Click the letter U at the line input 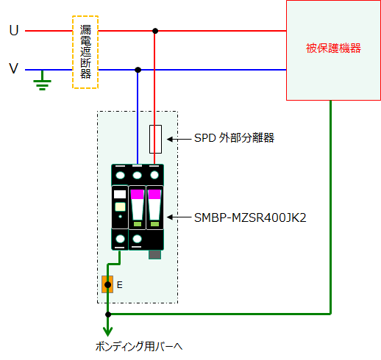(14, 31)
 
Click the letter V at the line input (14, 68)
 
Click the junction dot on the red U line (155, 31)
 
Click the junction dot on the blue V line (138, 70)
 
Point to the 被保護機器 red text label (333, 48)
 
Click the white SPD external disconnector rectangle (155, 139)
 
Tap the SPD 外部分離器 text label (234, 138)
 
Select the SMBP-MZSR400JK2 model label (250, 217)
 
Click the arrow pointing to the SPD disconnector (179, 139)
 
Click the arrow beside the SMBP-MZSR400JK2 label (179, 217)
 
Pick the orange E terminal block (107, 284)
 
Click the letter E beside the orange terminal (120, 285)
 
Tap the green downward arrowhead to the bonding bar (108, 331)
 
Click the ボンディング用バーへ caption (139, 347)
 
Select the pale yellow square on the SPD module (120, 206)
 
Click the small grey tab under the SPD (154, 254)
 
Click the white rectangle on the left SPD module (120, 194)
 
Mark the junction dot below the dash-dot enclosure (108, 314)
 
